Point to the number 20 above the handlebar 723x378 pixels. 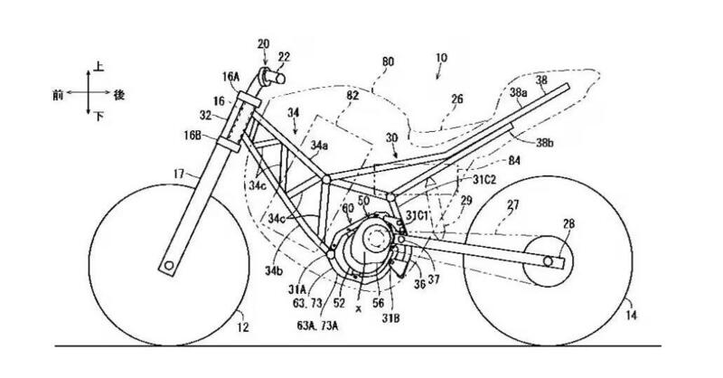point(263,43)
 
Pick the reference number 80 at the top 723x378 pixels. point(388,62)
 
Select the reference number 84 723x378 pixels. point(488,159)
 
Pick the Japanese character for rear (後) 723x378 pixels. point(118,92)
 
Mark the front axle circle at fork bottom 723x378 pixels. point(169,266)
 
